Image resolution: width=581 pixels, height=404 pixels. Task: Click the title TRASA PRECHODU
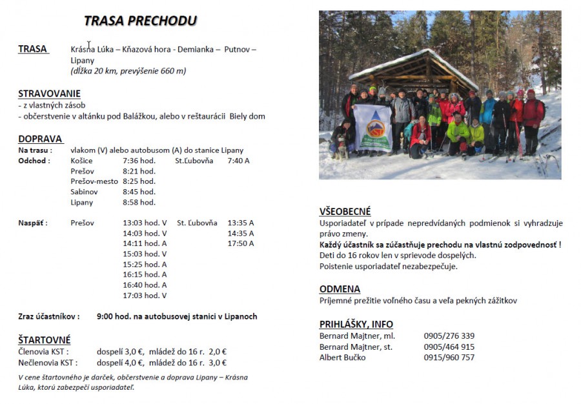[x=140, y=21]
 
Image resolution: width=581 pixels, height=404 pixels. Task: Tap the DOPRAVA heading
[x=40, y=138]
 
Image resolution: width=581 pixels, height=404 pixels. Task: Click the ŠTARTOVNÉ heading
[x=45, y=339]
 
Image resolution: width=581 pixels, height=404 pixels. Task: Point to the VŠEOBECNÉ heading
[x=345, y=212]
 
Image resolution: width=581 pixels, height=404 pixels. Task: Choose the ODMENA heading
[x=340, y=288]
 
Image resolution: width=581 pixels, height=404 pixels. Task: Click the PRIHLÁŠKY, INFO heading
[x=356, y=324]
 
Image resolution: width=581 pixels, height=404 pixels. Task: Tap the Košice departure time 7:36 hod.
[x=139, y=161]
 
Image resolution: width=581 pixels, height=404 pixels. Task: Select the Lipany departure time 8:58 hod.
[x=139, y=202]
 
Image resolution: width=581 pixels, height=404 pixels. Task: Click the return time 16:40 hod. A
[x=145, y=285]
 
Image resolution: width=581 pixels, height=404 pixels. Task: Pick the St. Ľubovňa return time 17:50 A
[x=241, y=243]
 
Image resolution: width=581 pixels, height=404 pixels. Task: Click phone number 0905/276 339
[x=449, y=336]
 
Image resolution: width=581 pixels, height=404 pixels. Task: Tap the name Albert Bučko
[x=342, y=358]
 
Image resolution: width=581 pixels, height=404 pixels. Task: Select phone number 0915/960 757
[x=449, y=358]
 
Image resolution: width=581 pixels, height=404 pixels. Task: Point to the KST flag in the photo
[x=372, y=128]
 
